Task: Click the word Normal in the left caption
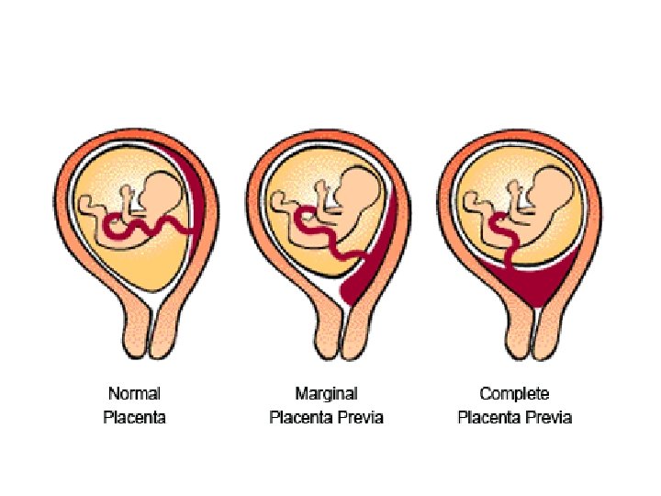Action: click(x=134, y=394)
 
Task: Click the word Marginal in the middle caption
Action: click(x=326, y=394)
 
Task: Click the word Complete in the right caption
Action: click(x=514, y=394)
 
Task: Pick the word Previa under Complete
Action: click(x=548, y=417)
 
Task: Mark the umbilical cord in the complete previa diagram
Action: click(x=504, y=237)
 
